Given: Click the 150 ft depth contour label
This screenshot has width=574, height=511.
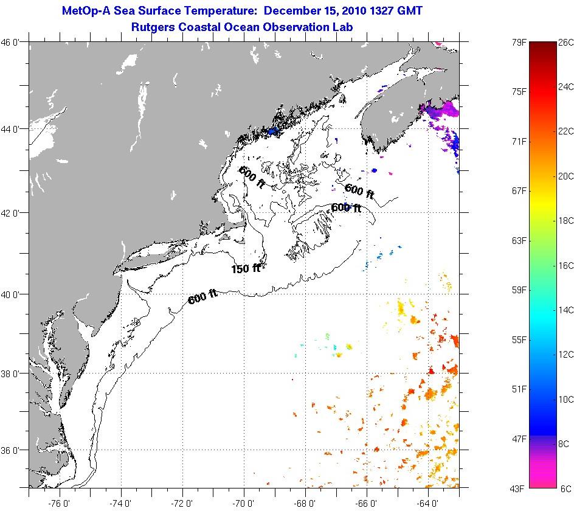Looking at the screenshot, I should (246, 268).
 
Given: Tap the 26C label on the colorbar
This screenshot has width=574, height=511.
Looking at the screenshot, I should (565, 43).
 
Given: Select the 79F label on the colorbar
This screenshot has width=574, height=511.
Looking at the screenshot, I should (519, 43).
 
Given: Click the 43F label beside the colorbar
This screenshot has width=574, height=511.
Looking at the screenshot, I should (519, 488).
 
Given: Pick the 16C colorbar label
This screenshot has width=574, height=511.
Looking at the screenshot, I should (565, 265).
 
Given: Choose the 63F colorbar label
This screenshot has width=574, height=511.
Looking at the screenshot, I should (519, 241).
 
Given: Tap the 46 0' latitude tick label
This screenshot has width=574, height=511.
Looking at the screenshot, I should (13, 43).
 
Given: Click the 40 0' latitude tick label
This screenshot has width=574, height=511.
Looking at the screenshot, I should (13, 294).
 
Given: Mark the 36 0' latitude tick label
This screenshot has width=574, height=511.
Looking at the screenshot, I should (13, 451).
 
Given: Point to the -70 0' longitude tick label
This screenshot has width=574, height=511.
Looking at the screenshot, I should (243, 503).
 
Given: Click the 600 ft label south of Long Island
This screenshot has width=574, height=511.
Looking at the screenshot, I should (202, 297).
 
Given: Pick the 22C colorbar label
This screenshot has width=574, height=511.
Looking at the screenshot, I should (565, 131).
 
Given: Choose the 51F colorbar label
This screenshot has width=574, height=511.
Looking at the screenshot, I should (519, 389).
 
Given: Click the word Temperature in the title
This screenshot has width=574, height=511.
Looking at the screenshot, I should (210, 11).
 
